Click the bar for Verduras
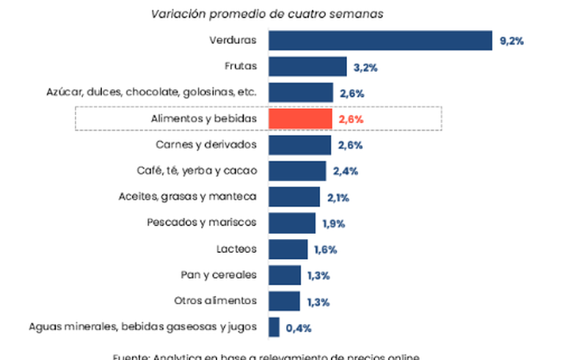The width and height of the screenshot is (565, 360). [380, 40]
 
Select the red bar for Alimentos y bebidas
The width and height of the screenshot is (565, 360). [300, 119]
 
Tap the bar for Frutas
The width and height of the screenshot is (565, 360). [307, 67]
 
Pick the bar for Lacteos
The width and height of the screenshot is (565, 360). [288, 249]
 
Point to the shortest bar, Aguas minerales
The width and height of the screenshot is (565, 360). [274, 327]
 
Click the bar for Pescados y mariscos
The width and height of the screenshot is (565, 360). [292, 223]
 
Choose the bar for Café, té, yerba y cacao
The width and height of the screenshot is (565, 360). [297, 171]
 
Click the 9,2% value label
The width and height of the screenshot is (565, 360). [511, 41]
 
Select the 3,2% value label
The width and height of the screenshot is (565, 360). [365, 67]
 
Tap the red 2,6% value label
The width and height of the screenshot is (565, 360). [351, 120]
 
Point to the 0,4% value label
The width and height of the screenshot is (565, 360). [297, 328]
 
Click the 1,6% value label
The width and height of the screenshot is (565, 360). [325, 250]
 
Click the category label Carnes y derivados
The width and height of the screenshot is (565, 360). [207, 144]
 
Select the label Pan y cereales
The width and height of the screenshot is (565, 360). [219, 275]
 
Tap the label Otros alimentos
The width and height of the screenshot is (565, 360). [216, 301]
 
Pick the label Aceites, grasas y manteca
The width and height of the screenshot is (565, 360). [187, 196]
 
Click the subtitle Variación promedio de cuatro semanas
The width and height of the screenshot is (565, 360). [267, 14]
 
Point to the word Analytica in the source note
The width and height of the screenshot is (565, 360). [181, 357]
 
